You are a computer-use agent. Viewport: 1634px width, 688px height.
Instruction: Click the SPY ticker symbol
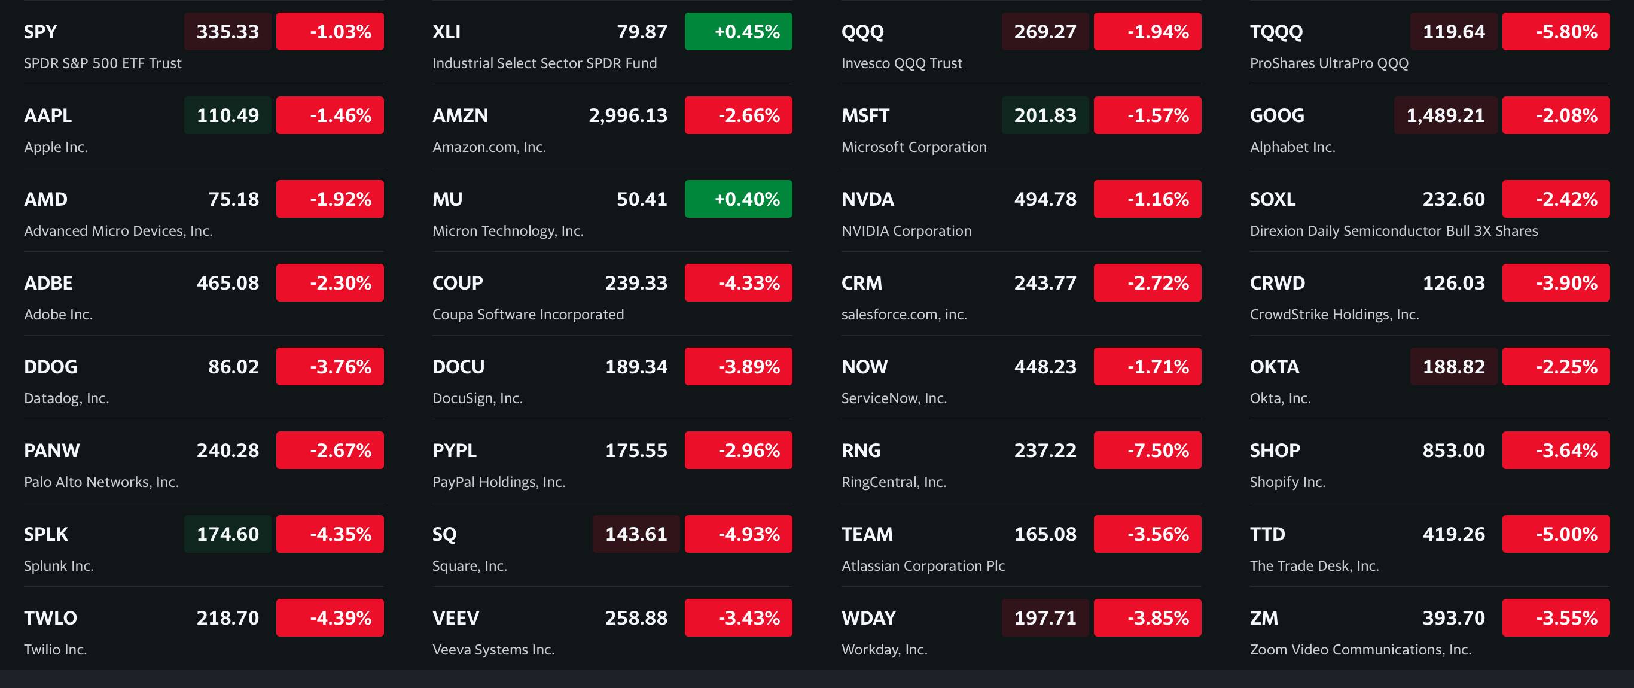click(x=40, y=32)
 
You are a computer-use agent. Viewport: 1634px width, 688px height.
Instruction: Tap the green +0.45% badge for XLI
click(x=737, y=32)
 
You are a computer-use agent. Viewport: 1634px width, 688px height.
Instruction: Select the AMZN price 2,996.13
click(x=627, y=115)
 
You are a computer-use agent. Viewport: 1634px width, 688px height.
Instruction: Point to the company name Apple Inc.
click(x=56, y=147)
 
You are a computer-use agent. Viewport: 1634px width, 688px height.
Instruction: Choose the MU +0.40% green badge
click(x=737, y=199)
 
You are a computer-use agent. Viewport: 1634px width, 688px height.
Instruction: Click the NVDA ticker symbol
click(x=867, y=199)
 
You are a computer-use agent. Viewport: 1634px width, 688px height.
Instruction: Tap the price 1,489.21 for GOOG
click(x=1445, y=115)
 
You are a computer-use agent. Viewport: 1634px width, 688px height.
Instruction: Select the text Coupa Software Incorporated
click(x=528, y=315)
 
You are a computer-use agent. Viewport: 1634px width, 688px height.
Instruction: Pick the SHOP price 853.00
click(x=1453, y=450)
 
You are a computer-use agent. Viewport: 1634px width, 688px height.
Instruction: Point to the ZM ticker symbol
click(x=1264, y=618)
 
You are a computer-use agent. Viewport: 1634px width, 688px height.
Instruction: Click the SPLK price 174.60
click(x=228, y=534)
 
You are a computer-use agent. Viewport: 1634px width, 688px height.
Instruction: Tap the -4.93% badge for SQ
click(x=737, y=534)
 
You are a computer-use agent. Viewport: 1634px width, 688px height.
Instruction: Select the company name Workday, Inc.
click(x=884, y=650)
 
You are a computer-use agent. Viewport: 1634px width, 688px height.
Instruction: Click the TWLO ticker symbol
click(x=50, y=618)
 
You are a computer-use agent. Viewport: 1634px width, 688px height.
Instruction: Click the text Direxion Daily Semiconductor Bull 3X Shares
click(x=1394, y=231)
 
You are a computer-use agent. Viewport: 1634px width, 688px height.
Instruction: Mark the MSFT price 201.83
click(x=1045, y=115)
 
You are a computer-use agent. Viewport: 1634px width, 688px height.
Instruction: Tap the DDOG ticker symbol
click(x=50, y=367)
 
